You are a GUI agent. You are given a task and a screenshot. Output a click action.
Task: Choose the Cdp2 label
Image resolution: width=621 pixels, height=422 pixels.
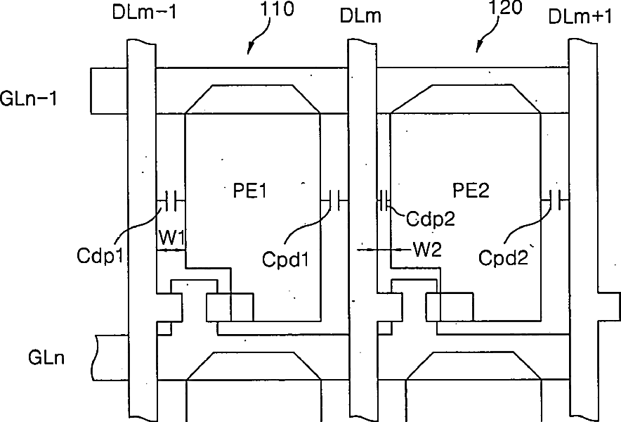(x=431, y=219)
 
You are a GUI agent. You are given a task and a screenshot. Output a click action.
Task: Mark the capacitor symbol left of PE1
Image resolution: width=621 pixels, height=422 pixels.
(x=169, y=200)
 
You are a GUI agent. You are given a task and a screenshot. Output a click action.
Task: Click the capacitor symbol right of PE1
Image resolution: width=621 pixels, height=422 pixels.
(x=335, y=200)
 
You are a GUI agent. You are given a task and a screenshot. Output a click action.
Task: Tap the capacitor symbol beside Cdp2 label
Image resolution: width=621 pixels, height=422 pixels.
(x=385, y=200)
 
